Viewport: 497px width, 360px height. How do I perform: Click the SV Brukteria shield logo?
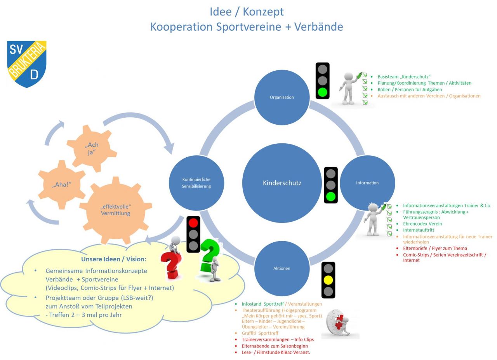pos(27,64)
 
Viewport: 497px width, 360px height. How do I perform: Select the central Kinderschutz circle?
pos(282,183)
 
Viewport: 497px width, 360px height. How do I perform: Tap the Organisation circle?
pos(282,97)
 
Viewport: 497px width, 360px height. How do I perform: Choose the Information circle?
pos(367,183)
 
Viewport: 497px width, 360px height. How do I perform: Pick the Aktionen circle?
pos(282,268)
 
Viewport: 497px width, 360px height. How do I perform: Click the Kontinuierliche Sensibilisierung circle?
pos(196,183)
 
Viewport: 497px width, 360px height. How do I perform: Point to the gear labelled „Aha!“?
pos(61,184)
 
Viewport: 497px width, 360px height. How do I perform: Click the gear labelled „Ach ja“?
pos(92,148)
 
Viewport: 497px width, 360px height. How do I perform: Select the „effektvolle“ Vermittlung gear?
pos(116,210)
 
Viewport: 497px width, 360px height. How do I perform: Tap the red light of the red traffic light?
pos(193,223)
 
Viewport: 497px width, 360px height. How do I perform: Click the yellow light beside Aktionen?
pos(328,280)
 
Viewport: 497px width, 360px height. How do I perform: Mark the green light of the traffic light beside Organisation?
pos(322,92)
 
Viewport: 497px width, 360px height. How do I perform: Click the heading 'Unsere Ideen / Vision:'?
pos(114,259)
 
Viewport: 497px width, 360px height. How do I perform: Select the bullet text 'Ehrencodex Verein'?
pos(422,224)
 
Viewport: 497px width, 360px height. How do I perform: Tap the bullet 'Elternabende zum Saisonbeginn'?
pos(275,346)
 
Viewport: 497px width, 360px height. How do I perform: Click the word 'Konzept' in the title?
pos(263,12)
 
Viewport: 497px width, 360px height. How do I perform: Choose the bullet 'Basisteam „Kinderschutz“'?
pos(404,77)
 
